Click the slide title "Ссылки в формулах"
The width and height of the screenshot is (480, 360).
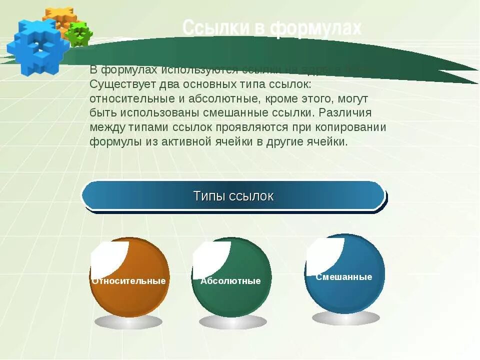click(271, 28)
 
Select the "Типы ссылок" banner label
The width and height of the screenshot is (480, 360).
click(233, 196)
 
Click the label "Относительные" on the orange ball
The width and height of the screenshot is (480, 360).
click(128, 281)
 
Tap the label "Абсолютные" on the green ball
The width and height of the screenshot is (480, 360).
click(230, 281)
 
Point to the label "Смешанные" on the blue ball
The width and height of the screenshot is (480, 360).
click(344, 277)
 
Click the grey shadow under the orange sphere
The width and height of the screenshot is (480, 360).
click(128, 321)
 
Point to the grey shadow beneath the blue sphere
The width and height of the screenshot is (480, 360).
click(345, 317)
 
